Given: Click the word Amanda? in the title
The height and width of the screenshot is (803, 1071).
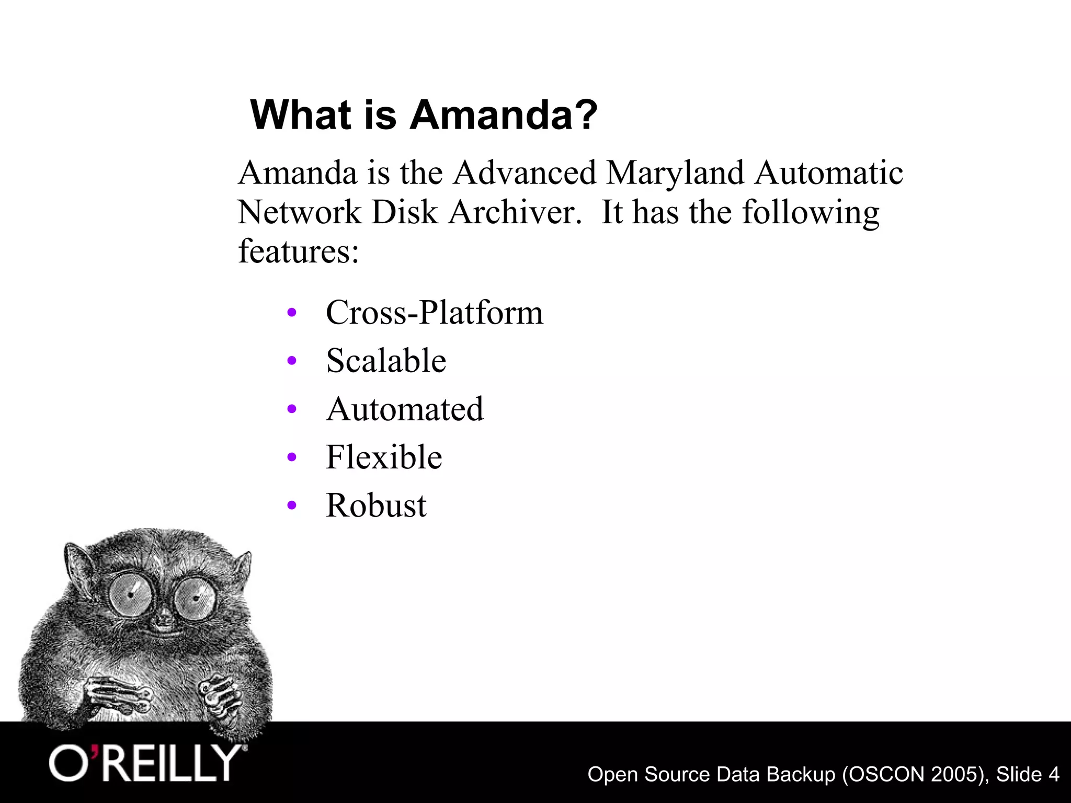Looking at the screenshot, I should coord(503,114).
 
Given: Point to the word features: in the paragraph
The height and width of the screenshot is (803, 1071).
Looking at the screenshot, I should coord(298,251).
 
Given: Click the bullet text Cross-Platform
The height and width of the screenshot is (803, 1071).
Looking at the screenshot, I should coord(434,313).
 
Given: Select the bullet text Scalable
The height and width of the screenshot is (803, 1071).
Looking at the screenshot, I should coord(386,361).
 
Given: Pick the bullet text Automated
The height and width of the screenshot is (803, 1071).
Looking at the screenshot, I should coord(405,409).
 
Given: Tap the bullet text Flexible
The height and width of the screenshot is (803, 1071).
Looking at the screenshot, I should coord(384,457).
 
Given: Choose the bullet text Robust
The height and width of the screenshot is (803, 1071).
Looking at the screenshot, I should coord(376,506).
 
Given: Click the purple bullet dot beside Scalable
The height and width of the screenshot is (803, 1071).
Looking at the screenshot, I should coord(292,361).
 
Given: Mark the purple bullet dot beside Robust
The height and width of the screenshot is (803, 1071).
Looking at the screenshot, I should coord(292,506).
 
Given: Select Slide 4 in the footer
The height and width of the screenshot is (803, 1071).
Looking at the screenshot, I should coord(1027,774).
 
